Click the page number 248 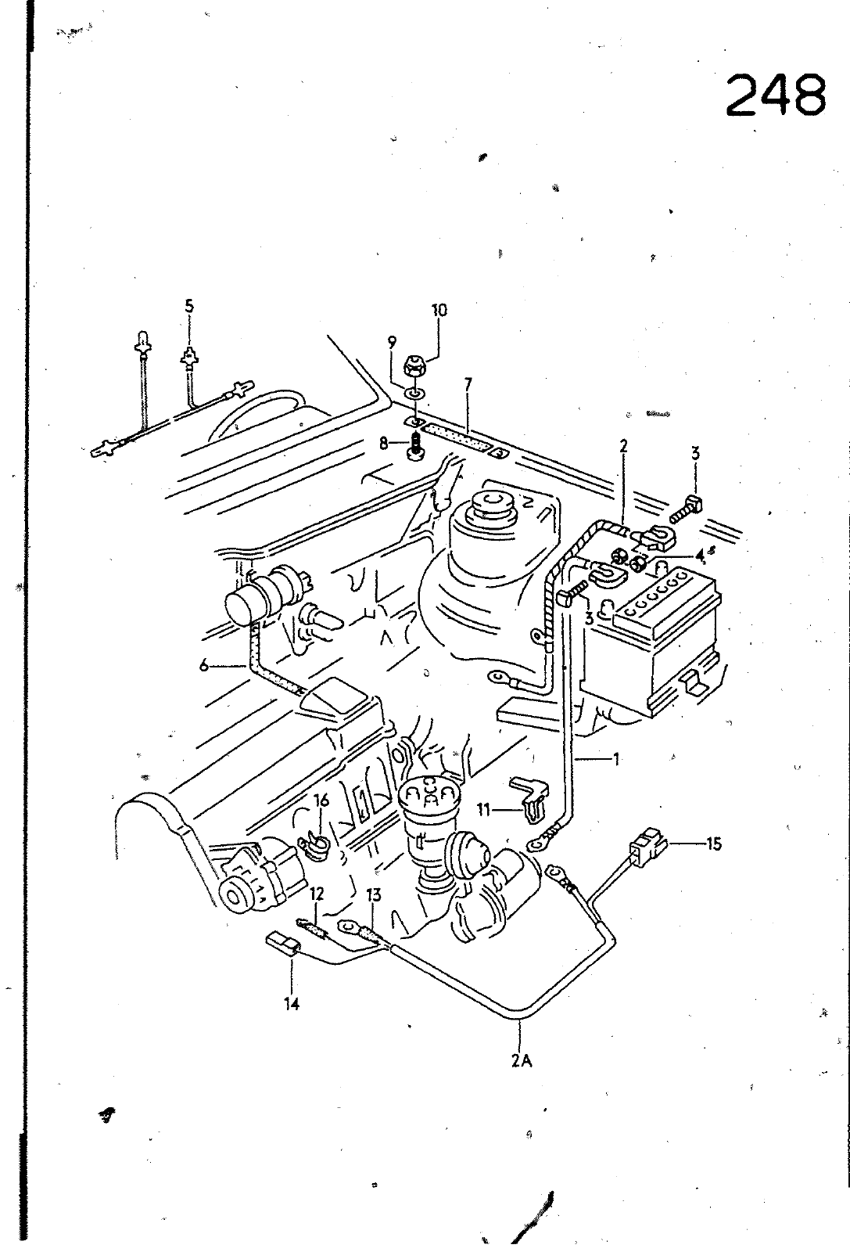pyautogui.click(x=775, y=95)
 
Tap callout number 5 pyautogui.click(x=188, y=306)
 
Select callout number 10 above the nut pyautogui.click(x=439, y=310)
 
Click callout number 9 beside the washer pyautogui.click(x=392, y=341)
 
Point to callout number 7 pyautogui.click(x=468, y=383)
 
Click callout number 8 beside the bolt pyautogui.click(x=384, y=444)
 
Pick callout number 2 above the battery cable pyautogui.click(x=623, y=446)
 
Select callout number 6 pyautogui.click(x=204, y=666)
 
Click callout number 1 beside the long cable pyautogui.click(x=616, y=757)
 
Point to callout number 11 pyautogui.click(x=484, y=810)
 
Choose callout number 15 pyautogui.click(x=713, y=844)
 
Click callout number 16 pyautogui.click(x=321, y=800)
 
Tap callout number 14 pyautogui.click(x=292, y=1003)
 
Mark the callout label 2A pyautogui.click(x=523, y=1062)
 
